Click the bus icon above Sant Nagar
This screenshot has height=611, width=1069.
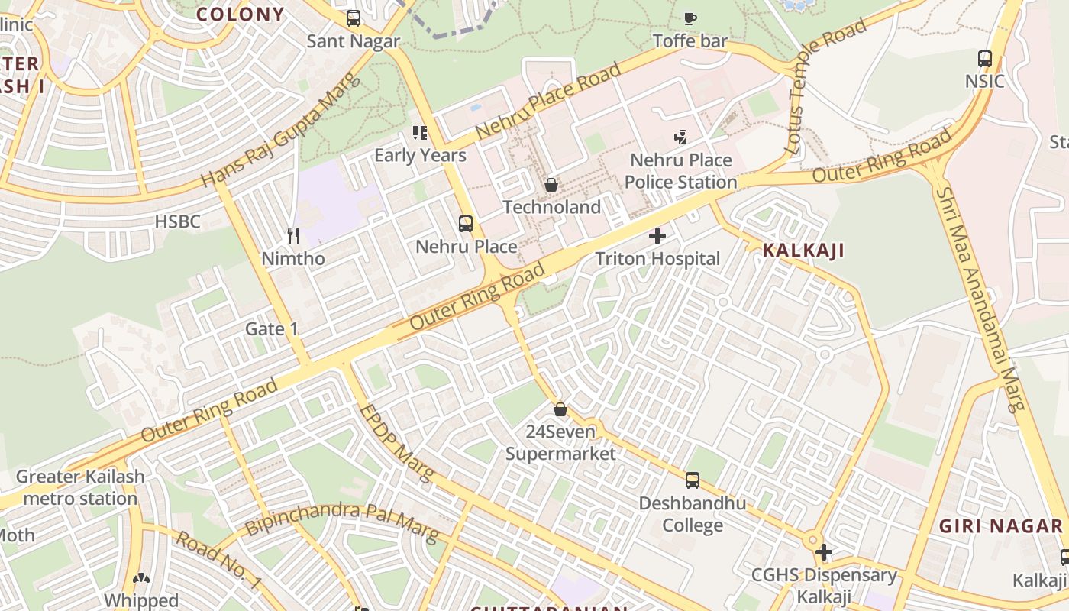(x=354, y=18)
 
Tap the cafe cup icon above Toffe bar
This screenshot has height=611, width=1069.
(x=690, y=18)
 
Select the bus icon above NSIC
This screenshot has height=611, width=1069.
(x=985, y=58)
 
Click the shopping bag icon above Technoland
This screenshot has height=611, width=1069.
(x=551, y=184)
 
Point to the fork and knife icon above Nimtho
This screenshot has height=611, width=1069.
(x=293, y=235)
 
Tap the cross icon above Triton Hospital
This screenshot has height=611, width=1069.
(x=657, y=235)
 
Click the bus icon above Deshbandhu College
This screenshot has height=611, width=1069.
(x=693, y=480)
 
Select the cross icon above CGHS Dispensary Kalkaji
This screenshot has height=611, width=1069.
(x=824, y=551)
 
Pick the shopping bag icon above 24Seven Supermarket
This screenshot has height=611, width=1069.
(x=560, y=409)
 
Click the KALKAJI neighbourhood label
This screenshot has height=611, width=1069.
(x=803, y=251)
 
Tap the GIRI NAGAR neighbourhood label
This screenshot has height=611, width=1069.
(x=1000, y=526)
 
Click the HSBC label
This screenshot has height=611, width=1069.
(x=177, y=222)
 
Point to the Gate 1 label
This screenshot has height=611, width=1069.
(x=271, y=329)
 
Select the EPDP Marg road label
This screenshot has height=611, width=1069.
(x=396, y=444)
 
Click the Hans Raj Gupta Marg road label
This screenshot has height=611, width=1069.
(x=279, y=131)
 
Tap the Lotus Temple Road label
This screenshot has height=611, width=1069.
(x=828, y=84)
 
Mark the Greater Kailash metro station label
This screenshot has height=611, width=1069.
(x=79, y=488)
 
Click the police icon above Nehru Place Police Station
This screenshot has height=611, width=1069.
(x=680, y=137)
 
